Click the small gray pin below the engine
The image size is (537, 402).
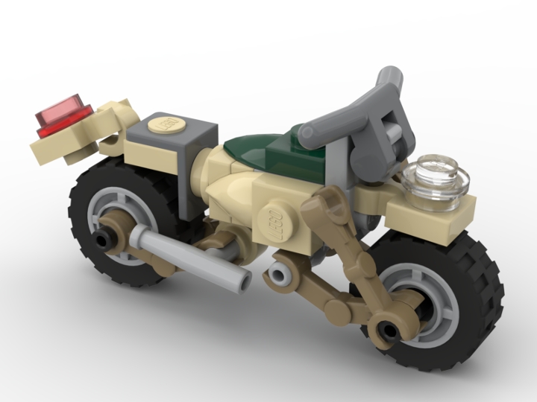tap(279, 278)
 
